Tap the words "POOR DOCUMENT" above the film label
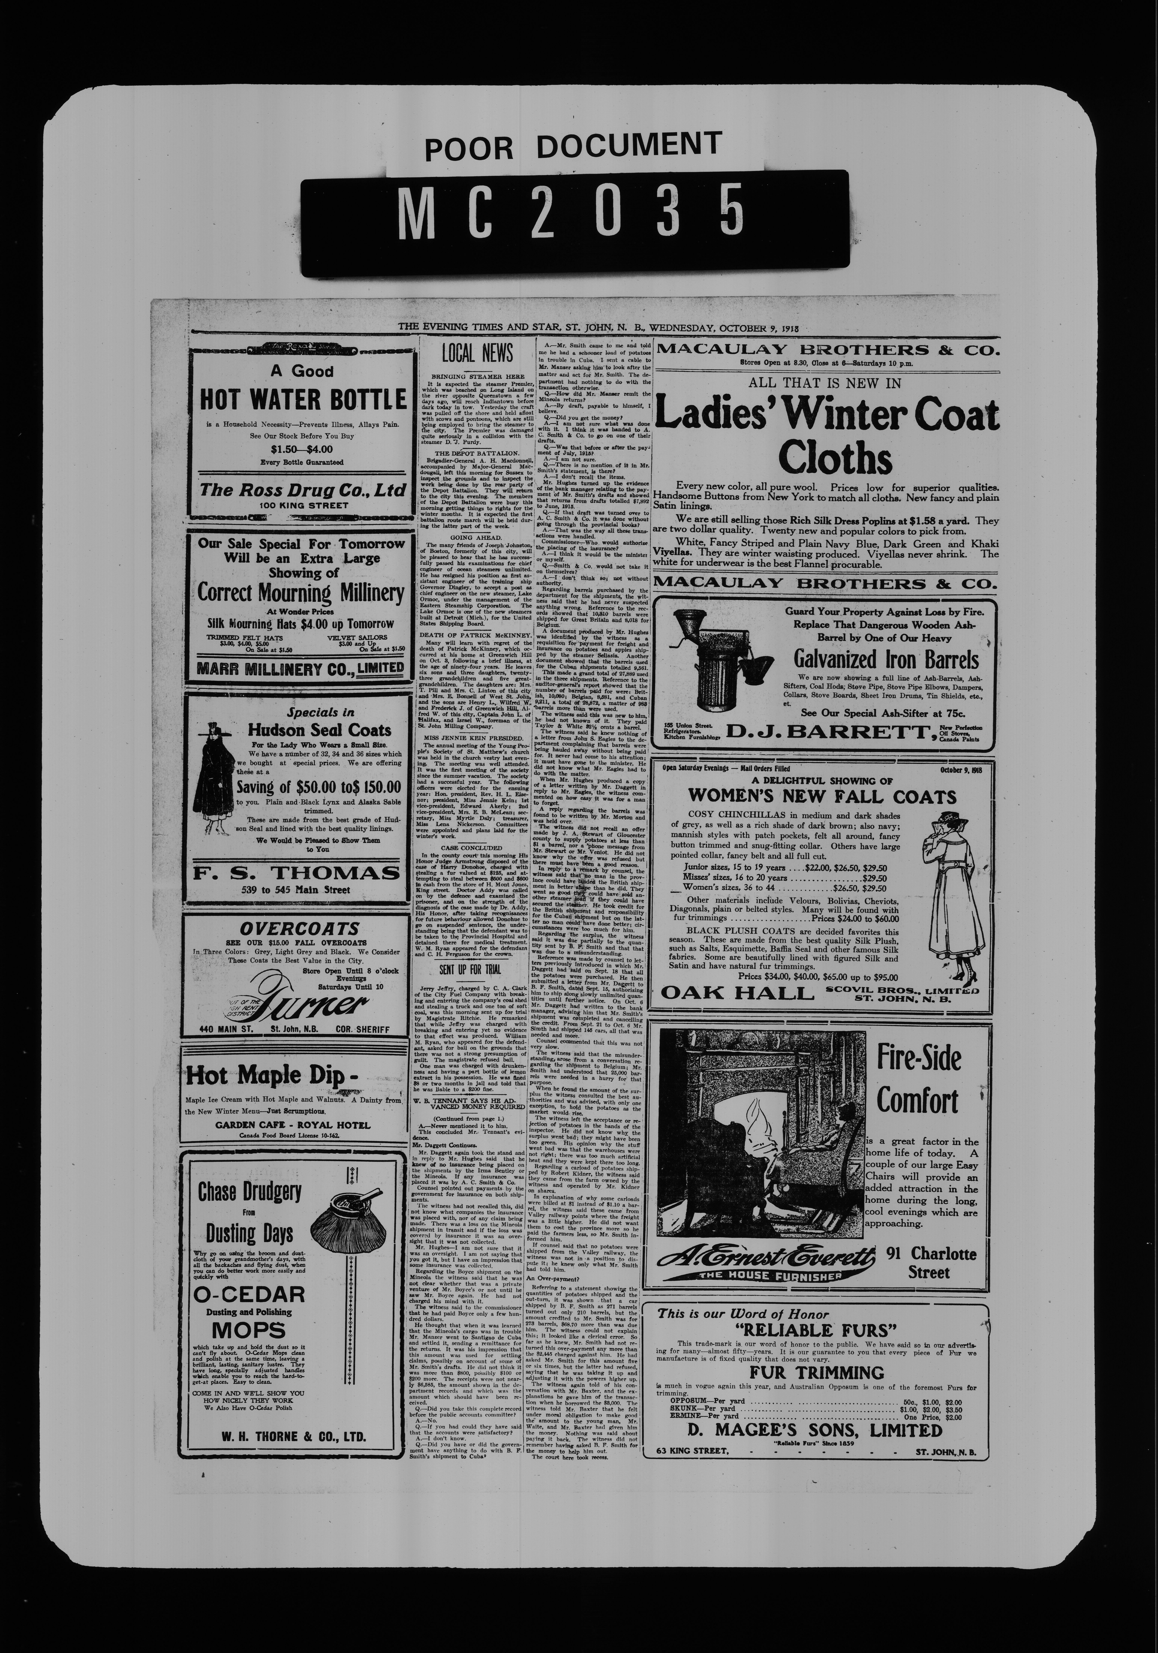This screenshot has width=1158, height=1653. click(x=572, y=146)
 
